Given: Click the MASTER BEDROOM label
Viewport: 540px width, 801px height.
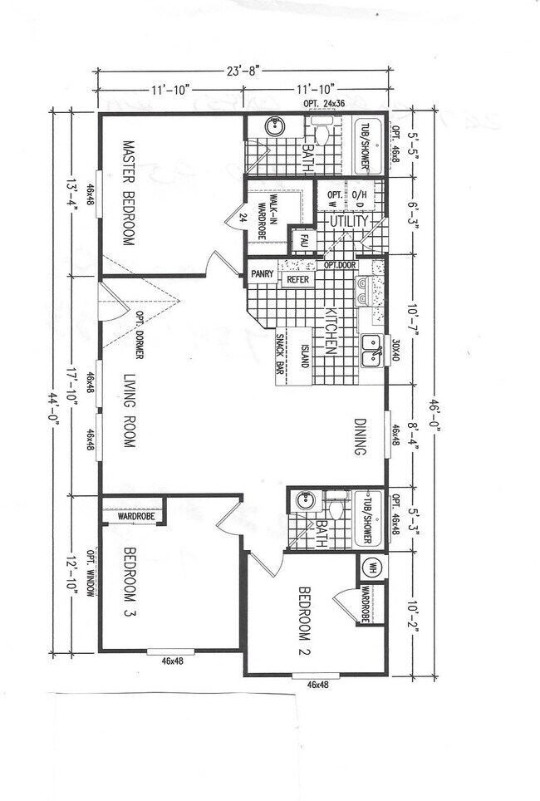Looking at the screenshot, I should pyautogui.click(x=130, y=192).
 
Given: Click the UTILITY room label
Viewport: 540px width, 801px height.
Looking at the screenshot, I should pyautogui.click(x=348, y=222).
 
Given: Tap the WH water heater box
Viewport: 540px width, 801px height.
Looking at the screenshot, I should pyautogui.click(x=371, y=568).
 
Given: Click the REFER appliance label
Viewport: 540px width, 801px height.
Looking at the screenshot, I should pyautogui.click(x=297, y=280).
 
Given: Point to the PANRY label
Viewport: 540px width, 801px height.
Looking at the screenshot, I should pyautogui.click(x=263, y=273).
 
